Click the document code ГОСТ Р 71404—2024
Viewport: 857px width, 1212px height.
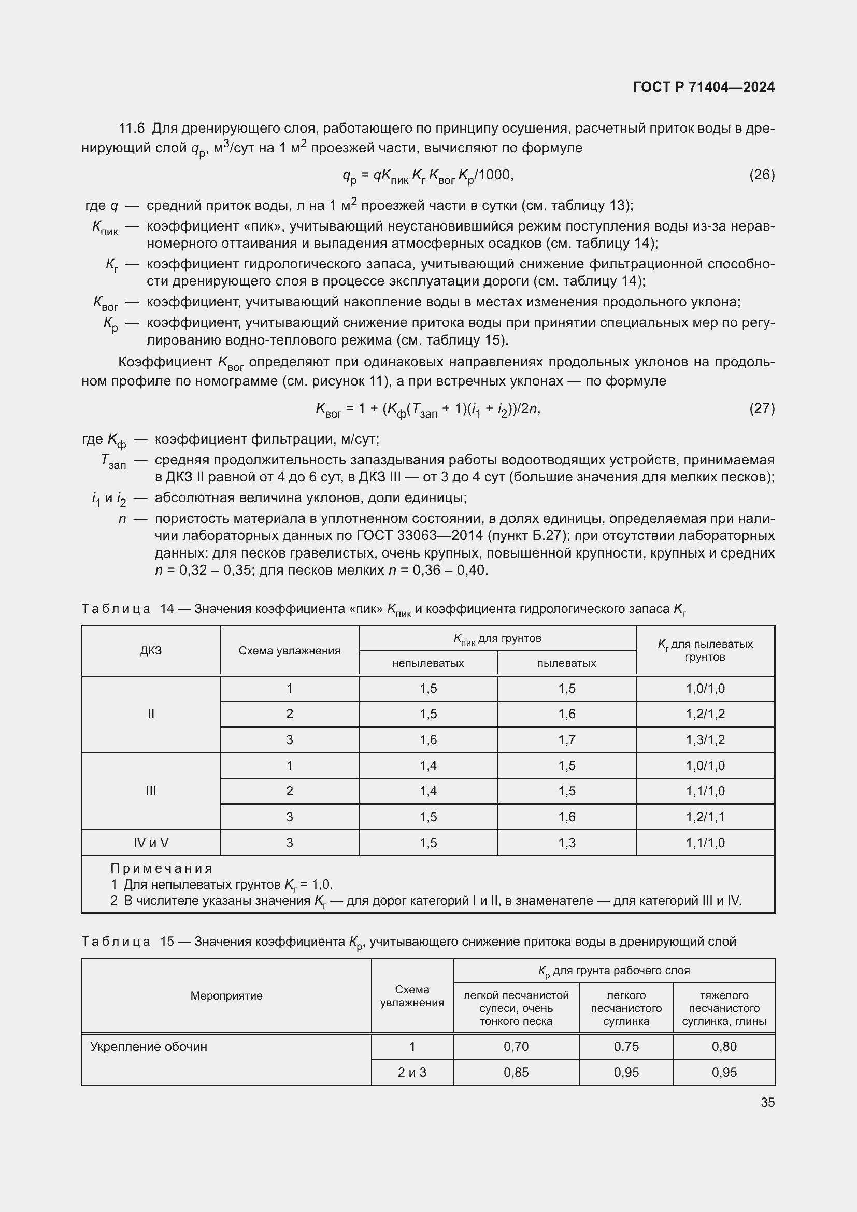(704, 87)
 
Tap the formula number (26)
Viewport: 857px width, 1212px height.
(762, 175)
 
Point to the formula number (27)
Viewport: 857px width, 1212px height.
(762, 408)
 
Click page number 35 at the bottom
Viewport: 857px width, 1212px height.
(768, 1102)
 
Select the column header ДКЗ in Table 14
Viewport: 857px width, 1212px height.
(151, 650)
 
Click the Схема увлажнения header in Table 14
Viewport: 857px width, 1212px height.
(289, 650)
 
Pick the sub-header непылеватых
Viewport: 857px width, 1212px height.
(428, 663)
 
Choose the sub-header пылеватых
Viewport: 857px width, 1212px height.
(566, 663)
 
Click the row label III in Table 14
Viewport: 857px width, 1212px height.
(151, 791)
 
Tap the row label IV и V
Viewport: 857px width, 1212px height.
(151, 843)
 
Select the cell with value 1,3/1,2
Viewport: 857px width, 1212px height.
(705, 739)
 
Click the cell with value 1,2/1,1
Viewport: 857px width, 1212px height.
(705, 817)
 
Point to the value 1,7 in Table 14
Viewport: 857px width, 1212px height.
(567, 739)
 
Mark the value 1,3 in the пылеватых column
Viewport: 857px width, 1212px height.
(567, 843)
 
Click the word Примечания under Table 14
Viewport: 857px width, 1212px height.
(162, 868)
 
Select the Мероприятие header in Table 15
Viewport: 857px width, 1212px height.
(226, 995)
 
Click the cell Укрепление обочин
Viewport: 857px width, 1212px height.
(149, 1046)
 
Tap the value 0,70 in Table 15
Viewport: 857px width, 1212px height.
(516, 1046)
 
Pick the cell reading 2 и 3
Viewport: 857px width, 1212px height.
(411, 1072)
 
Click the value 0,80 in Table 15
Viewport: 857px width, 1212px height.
(723, 1046)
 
